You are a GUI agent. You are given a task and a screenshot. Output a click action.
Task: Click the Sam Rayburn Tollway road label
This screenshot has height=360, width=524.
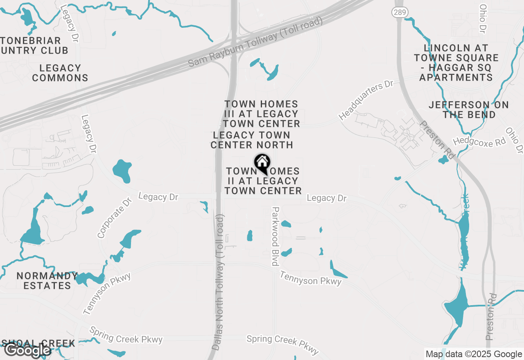(x=255, y=43)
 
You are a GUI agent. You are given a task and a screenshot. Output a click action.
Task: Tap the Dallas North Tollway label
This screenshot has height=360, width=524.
(x=219, y=282)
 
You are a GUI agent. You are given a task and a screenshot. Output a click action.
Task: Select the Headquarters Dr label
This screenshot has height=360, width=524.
(x=366, y=100)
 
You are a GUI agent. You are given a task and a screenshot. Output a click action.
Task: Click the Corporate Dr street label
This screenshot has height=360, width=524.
(x=115, y=218)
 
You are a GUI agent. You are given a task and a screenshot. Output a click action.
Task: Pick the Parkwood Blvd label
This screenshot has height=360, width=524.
(x=276, y=236)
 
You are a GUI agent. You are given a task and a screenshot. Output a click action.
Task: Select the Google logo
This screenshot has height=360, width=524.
(x=27, y=350)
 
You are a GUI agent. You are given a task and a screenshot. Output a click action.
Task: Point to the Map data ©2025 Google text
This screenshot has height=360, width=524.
(x=473, y=354)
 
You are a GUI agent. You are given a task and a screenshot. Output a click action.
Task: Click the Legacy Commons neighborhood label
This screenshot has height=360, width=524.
(x=60, y=73)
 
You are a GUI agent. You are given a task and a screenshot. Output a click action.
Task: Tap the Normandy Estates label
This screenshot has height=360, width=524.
(x=47, y=281)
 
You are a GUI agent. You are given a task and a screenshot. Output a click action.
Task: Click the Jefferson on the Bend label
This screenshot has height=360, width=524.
(x=469, y=110)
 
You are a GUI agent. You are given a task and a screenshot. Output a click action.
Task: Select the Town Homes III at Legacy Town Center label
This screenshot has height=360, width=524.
(x=262, y=114)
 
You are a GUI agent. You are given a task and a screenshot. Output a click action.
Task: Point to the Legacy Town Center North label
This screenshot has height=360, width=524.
(x=252, y=140)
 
